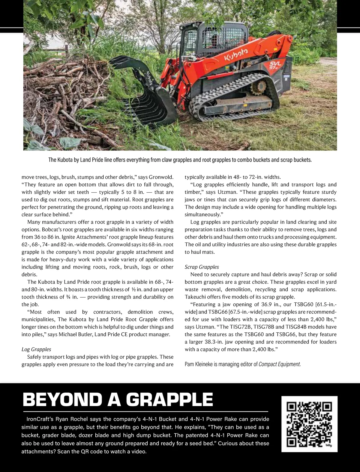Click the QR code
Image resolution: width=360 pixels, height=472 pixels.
pyautogui.click(x=309, y=424)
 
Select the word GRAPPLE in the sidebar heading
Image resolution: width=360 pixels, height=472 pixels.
pyautogui.click(x=169, y=400)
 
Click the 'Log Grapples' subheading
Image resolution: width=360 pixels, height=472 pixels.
pyautogui.click(x=36, y=349)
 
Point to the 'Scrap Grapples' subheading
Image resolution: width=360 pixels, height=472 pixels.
pyautogui.click(x=202, y=267)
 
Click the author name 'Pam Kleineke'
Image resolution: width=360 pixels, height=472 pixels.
pyautogui.click(x=198, y=364)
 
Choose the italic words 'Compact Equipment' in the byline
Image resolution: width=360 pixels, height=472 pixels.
pyautogui.click(x=279, y=364)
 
